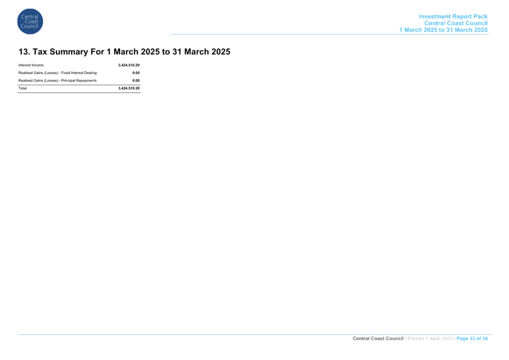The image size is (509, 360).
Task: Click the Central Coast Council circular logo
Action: click(30, 22)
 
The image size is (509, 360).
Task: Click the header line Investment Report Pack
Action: click(453, 16)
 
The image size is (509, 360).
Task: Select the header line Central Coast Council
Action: click(456, 23)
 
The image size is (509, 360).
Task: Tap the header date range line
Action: click(443, 30)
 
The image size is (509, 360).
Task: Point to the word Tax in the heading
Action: click(40, 52)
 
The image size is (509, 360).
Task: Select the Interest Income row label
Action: click(31, 65)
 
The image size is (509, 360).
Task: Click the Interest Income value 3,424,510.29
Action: click(129, 65)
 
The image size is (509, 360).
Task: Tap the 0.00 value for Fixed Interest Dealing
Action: click(136, 73)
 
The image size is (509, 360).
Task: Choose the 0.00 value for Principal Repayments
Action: click(136, 81)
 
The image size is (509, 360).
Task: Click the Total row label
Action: click(22, 88)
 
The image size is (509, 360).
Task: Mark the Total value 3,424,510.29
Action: click(129, 88)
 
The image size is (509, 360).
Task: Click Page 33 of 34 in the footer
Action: click(472, 338)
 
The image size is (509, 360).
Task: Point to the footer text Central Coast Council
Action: click(378, 338)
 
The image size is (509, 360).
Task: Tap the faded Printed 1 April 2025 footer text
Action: click(430, 338)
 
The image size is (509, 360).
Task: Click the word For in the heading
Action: click(97, 52)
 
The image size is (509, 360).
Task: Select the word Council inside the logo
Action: click(30, 26)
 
